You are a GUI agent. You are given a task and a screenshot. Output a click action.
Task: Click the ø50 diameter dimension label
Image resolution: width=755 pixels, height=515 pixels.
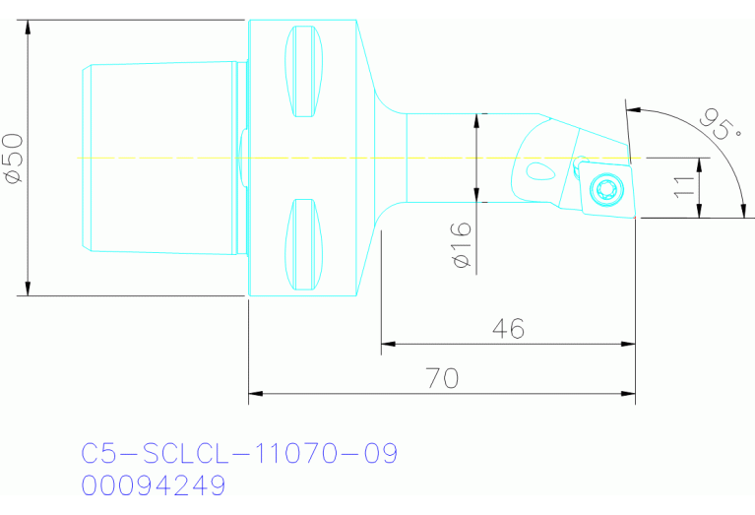tap(14, 159)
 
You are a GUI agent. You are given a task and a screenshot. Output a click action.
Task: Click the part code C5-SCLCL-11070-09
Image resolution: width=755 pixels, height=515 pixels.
tap(239, 454)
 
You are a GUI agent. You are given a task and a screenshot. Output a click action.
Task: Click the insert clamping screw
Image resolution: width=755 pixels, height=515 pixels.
tap(604, 188)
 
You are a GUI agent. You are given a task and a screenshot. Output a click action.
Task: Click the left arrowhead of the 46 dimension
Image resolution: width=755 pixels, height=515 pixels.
tap(386, 344)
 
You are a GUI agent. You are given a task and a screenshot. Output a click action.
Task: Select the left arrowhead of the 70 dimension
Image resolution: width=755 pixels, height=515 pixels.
tap(254, 396)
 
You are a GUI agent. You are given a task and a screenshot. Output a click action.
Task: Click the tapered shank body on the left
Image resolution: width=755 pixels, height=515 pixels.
tap(162, 159)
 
